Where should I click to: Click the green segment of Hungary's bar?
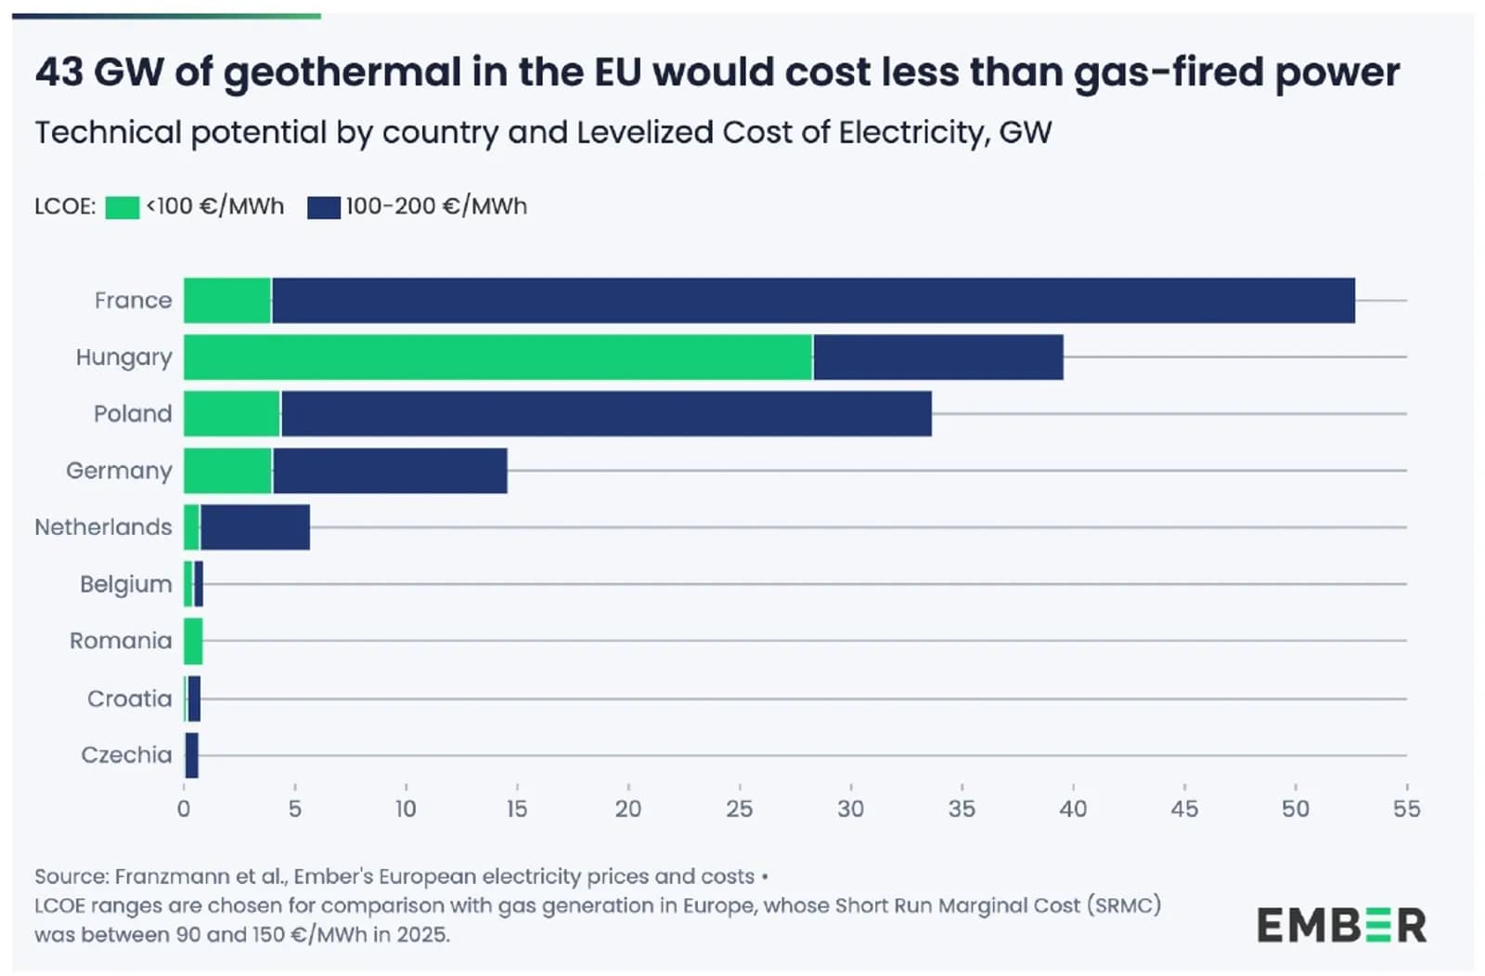pyautogui.click(x=497, y=357)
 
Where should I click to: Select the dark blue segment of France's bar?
pyautogui.click(x=813, y=301)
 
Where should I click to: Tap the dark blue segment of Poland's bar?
pyautogui.click(x=606, y=413)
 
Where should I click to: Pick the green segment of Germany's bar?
pyautogui.click(x=227, y=471)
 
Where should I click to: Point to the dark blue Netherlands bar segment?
pyautogui.click(x=254, y=527)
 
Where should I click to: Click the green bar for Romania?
pyautogui.click(x=193, y=641)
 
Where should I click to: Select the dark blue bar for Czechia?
pyautogui.click(x=191, y=755)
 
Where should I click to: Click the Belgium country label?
pyautogui.click(x=126, y=584)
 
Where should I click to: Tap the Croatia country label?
pyautogui.click(x=129, y=698)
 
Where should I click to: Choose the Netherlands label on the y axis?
pyautogui.click(x=103, y=527)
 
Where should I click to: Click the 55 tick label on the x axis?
pyautogui.click(x=1407, y=809)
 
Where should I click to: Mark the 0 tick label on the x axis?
pyautogui.click(x=184, y=809)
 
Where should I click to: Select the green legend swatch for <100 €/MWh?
pyautogui.click(x=123, y=208)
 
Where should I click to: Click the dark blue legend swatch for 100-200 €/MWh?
pyautogui.click(x=324, y=208)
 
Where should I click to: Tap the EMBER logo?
pyautogui.click(x=1342, y=925)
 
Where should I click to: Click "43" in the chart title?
pyautogui.click(x=59, y=72)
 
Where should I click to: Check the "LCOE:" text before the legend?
pyautogui.click(x=65, y=206)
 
